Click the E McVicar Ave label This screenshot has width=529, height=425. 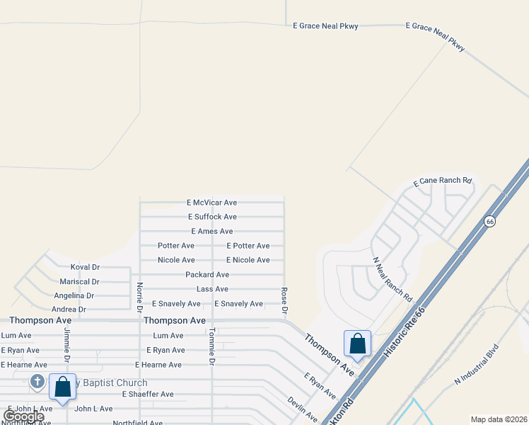pos(211,203)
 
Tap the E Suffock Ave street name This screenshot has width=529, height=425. pos(212,217)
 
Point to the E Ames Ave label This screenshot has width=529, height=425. pos(211,232)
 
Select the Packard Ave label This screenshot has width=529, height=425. pos(207,275)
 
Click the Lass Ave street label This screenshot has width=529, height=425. pos(212,289)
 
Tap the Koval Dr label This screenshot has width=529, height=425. pos(85,267)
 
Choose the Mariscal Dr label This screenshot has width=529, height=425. pos(85,281)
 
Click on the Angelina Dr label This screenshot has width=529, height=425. pos(74,295)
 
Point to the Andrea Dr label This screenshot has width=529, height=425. pos(69,310)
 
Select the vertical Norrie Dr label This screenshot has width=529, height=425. pos(139,297)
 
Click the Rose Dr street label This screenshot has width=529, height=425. pos(284,300)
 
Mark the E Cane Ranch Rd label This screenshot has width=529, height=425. pos(442,181)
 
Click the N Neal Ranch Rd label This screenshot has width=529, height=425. pos(392,279)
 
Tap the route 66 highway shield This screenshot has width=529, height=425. pos(489,222)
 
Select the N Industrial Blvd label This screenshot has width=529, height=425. pos(477,363)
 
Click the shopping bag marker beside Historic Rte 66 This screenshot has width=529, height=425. pos(357,344)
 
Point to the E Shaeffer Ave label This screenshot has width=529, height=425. pos(148,394)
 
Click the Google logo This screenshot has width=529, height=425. pos(23,416)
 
